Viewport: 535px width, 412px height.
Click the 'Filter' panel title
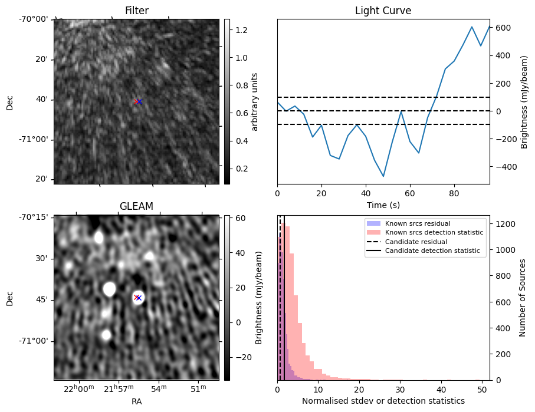136,11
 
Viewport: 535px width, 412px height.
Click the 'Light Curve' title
383,11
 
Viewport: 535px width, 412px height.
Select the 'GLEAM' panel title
136,206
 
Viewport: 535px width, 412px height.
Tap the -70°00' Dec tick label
35,19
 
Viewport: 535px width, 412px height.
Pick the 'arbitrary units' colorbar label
255,101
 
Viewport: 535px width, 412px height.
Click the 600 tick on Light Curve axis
502,28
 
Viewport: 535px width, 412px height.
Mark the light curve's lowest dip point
383,176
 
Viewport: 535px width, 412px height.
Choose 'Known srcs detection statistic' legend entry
434,233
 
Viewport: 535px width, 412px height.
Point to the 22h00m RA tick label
79,388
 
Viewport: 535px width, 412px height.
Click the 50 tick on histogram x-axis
481,388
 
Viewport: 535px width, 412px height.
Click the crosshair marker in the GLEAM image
137,298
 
